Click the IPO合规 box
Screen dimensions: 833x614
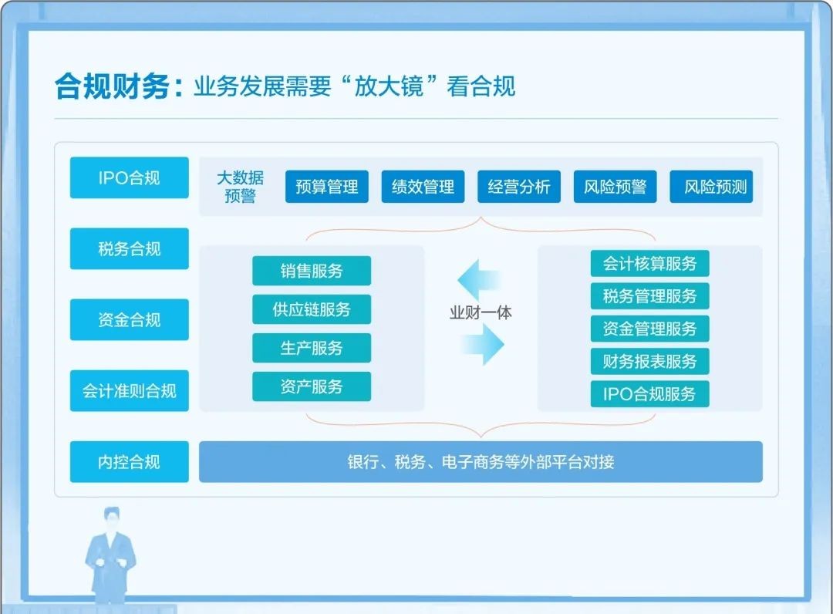coord(129,177)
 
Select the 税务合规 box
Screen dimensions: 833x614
coord(129,248)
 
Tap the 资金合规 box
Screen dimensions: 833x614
coord(129,320)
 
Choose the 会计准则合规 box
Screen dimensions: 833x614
coord(129,391)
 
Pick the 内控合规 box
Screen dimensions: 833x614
coord(129,462)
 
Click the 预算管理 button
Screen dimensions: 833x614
coord(327,187)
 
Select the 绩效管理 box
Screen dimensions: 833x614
coord(423,187)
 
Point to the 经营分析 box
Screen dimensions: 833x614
coord(519,187)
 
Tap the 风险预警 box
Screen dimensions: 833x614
coord(615,187)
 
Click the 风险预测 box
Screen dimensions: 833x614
coord(711,187)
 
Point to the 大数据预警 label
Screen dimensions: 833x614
coord(240,187)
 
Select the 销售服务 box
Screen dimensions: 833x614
coord(312,271)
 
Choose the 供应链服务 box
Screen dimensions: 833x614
coord(312,309)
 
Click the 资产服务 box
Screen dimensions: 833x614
coord(312,386)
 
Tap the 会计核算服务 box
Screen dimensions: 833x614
coord(649,264)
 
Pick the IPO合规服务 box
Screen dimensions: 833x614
coord(649,393)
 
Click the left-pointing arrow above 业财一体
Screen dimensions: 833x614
coord(478,280)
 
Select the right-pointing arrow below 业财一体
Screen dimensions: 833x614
coord(482,345)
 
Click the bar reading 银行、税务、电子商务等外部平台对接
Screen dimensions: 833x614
coord(481,462)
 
